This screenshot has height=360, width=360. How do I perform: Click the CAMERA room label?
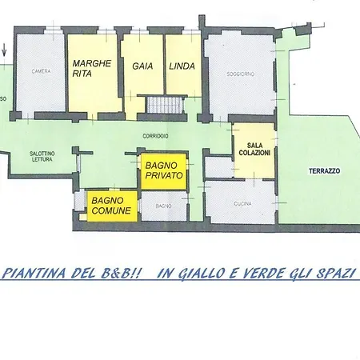pos(42,71)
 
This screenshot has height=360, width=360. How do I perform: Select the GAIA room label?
pos(142,66)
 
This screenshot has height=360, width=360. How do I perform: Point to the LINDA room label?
pos(182,66)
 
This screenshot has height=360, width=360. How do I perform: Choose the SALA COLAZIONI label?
pos(253,146)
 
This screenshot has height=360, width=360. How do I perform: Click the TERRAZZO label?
pos(325,171)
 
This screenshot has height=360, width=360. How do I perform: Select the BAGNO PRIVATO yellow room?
pos(163,170)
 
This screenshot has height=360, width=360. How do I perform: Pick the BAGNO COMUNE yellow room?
pos(111,205)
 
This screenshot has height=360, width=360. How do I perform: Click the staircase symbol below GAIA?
pos(165,105)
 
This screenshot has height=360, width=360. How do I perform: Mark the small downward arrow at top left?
pos(6,52)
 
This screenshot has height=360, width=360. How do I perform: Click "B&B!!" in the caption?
pos(122,273)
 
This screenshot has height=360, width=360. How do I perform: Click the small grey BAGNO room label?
pos(163,206)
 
